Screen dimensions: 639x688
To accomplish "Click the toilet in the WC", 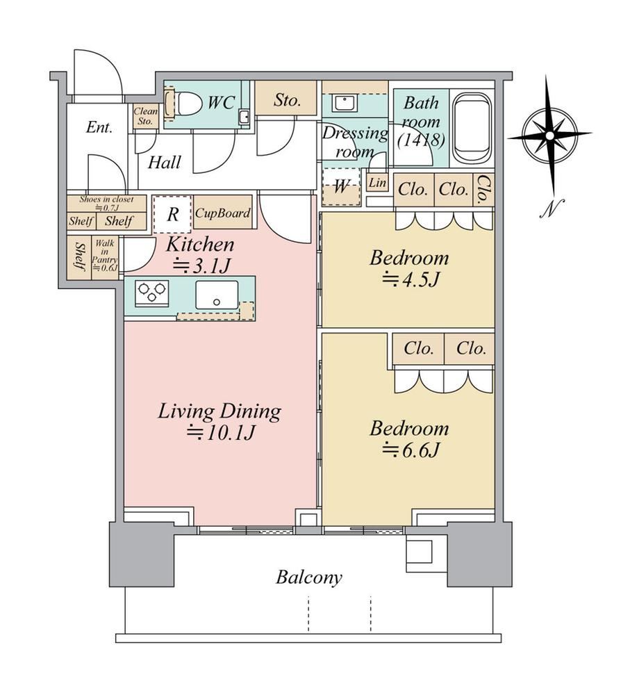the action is [184, 104].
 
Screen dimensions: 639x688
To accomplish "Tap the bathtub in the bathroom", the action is [472, 128].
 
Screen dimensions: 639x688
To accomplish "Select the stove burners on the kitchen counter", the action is [151, 292].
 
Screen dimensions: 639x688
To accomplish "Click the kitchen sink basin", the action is [217, 295].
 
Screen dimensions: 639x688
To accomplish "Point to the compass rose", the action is [550, 136].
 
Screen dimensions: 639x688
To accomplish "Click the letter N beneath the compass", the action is [551, 208].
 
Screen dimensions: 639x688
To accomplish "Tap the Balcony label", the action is [309, 578].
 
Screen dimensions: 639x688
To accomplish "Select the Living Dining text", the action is [219, 411].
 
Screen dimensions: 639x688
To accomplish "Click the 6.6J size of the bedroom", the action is [410, 450].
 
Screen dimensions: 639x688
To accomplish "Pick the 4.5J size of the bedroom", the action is [410, 279].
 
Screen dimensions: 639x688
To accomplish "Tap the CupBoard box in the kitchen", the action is [223, 213].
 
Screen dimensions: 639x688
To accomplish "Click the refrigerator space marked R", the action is [172, 215].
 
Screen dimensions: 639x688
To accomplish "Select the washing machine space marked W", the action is [341, 188].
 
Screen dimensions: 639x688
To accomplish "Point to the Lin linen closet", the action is [377, 183].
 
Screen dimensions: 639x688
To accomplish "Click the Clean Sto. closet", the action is [146, 116].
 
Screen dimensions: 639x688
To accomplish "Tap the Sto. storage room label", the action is [288, 101].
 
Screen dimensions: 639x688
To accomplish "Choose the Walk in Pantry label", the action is [105, 255].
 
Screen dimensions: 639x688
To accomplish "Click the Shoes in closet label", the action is [106, 203].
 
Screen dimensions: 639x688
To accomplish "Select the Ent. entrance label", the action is [99, 127].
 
